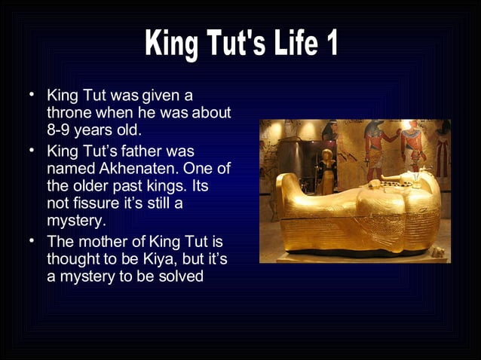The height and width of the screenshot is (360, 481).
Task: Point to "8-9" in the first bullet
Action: tap(60, 130)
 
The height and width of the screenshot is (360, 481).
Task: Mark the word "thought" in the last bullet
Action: tap(72, 259)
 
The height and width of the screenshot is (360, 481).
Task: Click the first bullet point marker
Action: tap(32, 96)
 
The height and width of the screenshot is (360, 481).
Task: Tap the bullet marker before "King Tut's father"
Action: tap(32, 151)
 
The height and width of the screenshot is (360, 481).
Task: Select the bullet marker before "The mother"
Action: tap(32, 242)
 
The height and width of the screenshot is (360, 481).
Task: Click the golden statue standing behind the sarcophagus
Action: tap(326, 170)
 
